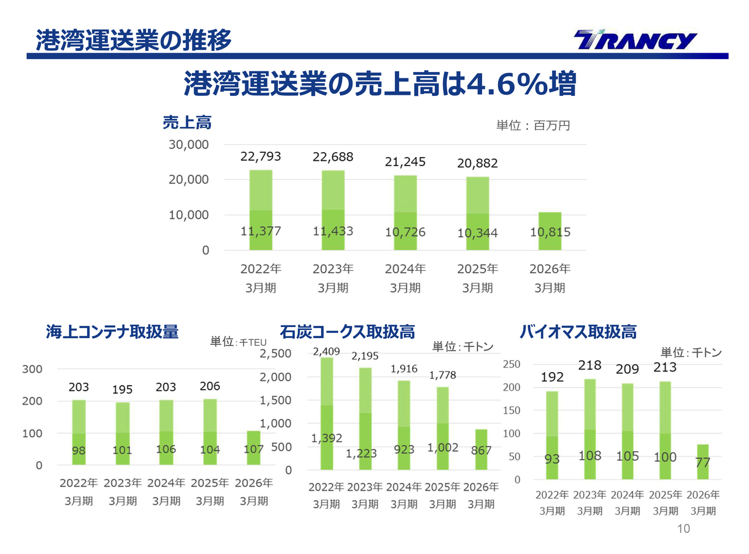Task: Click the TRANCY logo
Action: (635, 40)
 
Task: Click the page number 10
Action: (683, 529)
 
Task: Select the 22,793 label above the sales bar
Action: (260, 156)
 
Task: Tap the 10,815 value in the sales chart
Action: (550, 232)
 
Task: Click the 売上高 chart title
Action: (187, 123)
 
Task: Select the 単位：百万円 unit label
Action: (532, 125)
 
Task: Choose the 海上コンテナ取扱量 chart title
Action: (112, 332)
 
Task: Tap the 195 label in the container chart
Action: (122, 390)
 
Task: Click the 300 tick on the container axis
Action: (32, 369)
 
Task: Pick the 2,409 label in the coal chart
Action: (326, 352)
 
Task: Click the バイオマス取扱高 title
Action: (578, 332)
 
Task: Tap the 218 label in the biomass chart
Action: (590, 366)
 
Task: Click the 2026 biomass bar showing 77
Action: (702, 462)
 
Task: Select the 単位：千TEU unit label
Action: (238, 342)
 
